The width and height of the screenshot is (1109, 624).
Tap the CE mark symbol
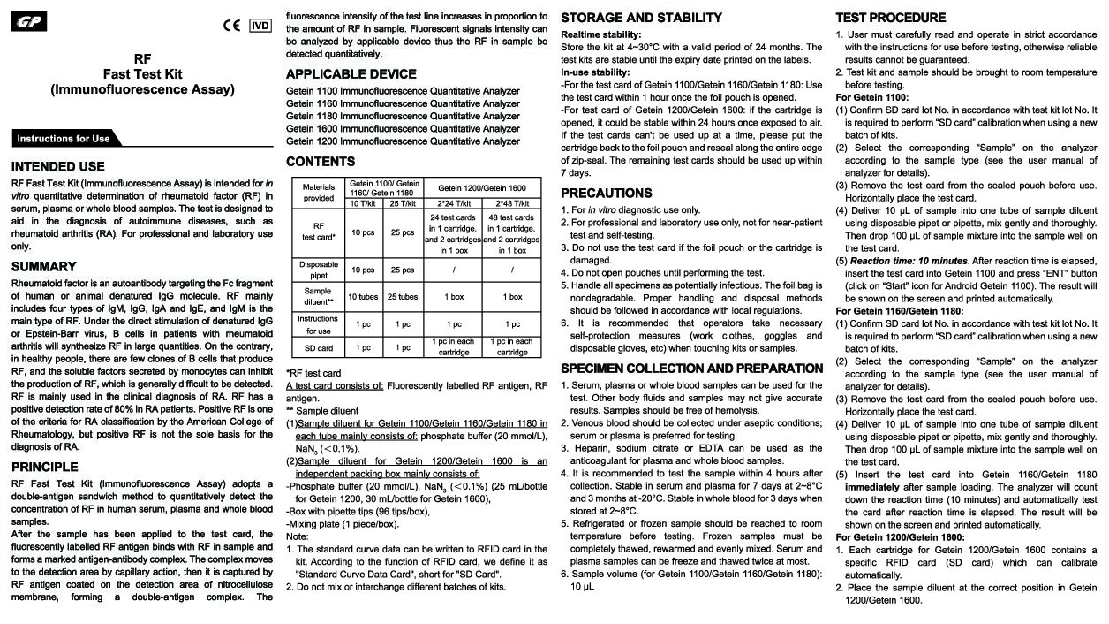(231, 26)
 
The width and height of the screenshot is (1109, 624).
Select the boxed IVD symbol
(260, 25)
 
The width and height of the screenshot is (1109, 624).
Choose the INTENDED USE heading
(57, 166)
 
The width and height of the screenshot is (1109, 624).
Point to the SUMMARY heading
(43, 266)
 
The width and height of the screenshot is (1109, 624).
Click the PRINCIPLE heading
(44, 466)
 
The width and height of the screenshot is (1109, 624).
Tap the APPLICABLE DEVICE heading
(351, 74)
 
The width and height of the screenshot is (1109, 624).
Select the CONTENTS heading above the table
(321, 161)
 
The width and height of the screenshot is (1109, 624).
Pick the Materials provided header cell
(318, 193)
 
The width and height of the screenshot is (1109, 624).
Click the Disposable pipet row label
(318, 270)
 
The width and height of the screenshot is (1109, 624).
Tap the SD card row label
(318, 347)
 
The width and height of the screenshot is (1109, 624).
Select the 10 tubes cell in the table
(363, 297)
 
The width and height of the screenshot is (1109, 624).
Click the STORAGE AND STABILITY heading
(641, 18)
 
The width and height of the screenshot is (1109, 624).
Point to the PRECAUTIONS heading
(606, 193)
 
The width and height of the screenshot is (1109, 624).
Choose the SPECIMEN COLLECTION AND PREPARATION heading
(691, 368)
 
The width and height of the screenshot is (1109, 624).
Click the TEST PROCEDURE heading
(890, 18)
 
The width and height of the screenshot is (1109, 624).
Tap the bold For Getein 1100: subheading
(871, 97)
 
